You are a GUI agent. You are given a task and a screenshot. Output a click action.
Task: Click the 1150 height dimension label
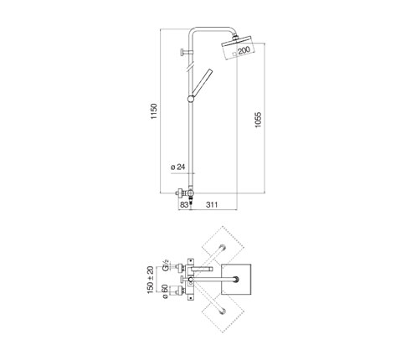[154, 111]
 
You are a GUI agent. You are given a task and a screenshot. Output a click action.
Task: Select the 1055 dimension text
[258, 120]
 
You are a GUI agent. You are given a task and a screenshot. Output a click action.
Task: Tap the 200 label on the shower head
[244, 50]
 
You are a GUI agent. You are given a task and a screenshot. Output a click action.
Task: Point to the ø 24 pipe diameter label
[177, 167]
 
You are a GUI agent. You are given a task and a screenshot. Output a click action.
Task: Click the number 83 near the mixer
[184, 205]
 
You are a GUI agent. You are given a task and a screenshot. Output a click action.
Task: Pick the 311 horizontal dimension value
[212, 205]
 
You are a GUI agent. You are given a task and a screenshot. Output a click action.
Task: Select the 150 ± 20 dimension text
[150, 280]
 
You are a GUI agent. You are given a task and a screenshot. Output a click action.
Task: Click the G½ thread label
[166, 265]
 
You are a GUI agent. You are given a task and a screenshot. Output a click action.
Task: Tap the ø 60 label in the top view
[165, 292]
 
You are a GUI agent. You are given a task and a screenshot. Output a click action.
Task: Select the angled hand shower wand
[202, 82]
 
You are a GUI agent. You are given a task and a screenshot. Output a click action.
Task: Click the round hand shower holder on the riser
[191, 99]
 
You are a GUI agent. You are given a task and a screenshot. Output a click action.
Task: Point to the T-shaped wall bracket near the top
[185, 52]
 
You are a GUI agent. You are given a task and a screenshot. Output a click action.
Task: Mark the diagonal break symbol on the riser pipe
[191, 68]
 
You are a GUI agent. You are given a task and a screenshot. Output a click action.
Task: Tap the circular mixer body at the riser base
[190, 193]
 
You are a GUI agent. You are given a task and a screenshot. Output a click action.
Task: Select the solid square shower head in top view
[236, 279]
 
